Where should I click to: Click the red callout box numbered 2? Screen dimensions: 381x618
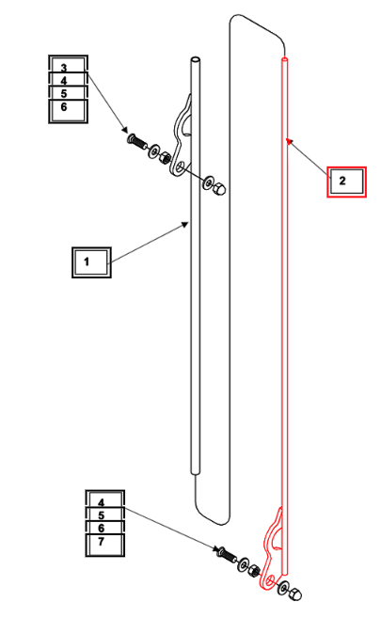coord(346,182)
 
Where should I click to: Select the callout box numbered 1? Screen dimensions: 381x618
coord(91,262)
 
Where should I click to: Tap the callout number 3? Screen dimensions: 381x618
coord(64,68)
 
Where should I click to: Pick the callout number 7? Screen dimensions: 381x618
coord(102,542)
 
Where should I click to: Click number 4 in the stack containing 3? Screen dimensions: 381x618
coord(64,81)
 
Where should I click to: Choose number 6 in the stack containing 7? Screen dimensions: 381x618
coord(102,528)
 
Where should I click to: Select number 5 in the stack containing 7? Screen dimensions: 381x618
coord(102,515)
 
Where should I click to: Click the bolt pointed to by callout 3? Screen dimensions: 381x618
coord(136,141)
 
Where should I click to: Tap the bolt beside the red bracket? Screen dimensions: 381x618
coord(227,554)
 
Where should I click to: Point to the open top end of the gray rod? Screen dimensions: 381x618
coord(195,59)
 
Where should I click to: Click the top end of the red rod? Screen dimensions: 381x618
coord(284,59)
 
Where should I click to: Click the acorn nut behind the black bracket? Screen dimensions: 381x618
coord(218,189)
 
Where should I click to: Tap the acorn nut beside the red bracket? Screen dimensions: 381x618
coord(295,594)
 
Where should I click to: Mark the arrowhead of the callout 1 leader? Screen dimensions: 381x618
coord(185,224)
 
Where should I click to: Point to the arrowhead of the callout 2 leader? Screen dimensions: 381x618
coord(288,141)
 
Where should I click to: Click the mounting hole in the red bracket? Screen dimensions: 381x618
coord(270,580)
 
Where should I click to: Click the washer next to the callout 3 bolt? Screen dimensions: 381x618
coord(153,151)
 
